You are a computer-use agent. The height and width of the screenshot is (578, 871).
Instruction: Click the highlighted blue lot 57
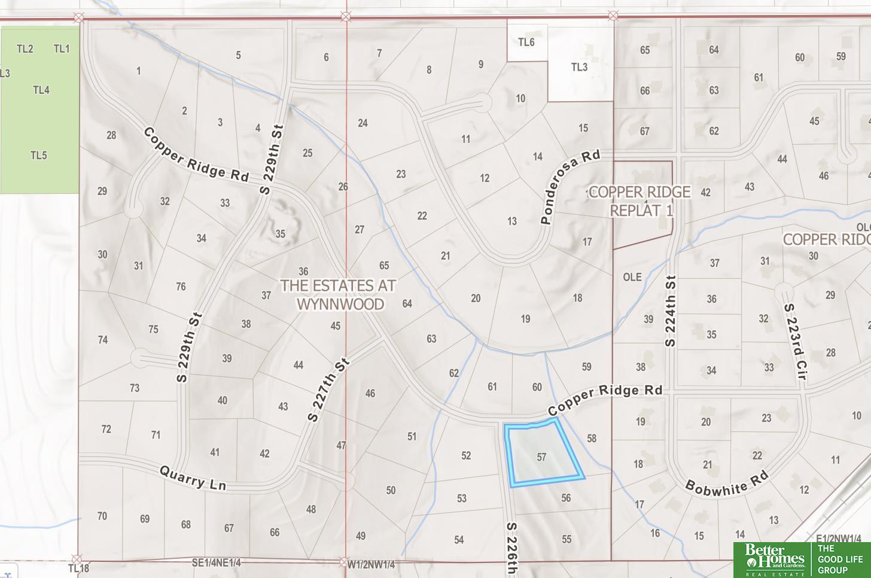[541, 456]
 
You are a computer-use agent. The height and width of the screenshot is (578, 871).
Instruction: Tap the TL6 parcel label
[526, 42]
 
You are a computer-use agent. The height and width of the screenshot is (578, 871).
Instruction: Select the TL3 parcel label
[579, 67]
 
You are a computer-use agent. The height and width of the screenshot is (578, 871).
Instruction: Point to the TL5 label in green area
[39, 156]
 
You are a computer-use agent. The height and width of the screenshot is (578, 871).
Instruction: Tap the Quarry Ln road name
[193, 479]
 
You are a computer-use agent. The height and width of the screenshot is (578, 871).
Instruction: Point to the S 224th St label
[671, 311]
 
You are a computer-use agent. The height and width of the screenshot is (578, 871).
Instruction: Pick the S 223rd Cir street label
[796, 342]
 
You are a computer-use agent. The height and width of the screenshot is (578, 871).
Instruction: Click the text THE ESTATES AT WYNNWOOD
[339, 294]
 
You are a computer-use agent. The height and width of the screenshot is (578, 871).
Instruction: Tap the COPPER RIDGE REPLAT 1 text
[641, 201]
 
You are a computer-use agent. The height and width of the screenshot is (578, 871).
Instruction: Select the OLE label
[632, 277]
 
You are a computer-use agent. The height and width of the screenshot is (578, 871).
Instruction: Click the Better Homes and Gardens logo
[772, 559]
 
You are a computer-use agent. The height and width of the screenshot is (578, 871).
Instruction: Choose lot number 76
[181, 287]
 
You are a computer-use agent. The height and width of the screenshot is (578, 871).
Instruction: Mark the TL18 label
[78, 568]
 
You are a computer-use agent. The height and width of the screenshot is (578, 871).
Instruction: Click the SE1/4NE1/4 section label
[216, 563]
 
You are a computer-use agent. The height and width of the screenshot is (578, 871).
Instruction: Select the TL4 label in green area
[41, 90]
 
